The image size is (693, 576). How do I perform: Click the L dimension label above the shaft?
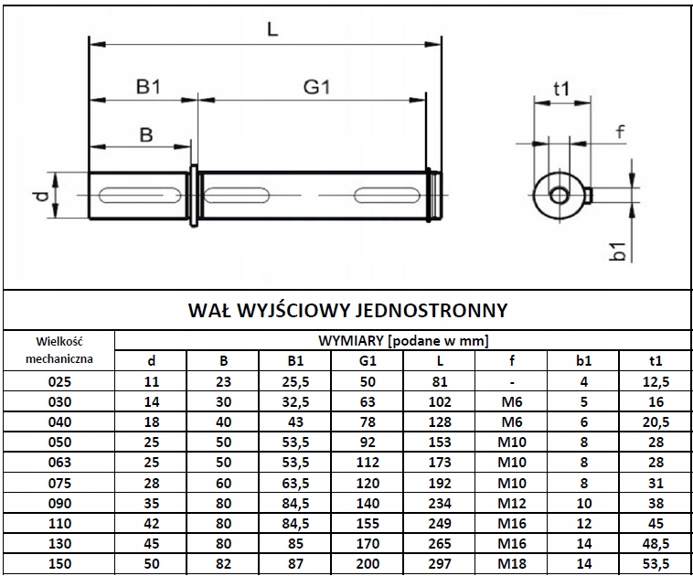272,28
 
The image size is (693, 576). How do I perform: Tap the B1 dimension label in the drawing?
149,86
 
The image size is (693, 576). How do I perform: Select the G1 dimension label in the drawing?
316,86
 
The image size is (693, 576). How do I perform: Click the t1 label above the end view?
561,88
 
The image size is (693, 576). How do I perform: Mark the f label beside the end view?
621,132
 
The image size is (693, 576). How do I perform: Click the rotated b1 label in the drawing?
618,251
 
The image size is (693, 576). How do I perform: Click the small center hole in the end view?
558,193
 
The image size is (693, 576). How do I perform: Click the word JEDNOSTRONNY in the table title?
432,309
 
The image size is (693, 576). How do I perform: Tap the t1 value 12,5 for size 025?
656,380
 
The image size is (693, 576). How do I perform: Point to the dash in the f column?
512,380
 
